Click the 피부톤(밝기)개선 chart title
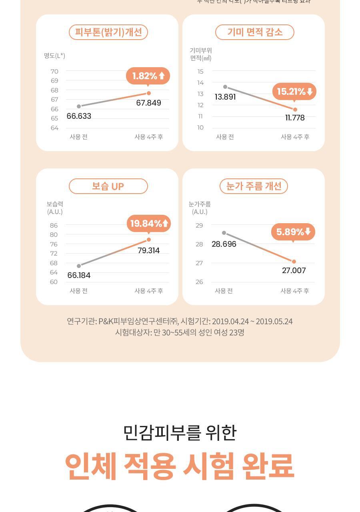pos(108,32)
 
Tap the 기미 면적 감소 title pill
pos(254,32)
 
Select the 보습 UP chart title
pos(108,186)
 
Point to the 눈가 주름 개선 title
pos(254,186)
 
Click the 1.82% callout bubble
pos(148,76)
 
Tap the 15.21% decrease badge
pos(294,92)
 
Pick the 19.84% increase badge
pos(149,223)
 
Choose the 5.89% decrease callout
pos(293,232)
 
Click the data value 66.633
pos(79,116)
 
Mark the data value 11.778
pos(295,118)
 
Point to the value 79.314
pos(148,250)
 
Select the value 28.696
pos(224,244)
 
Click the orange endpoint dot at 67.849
pos(149,93)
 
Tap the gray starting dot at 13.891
pos(225,87)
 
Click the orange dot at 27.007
pos(294,262)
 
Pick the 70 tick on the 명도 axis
pos(54,72)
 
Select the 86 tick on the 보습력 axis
pos(54,226)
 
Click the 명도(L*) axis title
pos(54,56)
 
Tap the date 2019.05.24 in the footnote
pos(274,321)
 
